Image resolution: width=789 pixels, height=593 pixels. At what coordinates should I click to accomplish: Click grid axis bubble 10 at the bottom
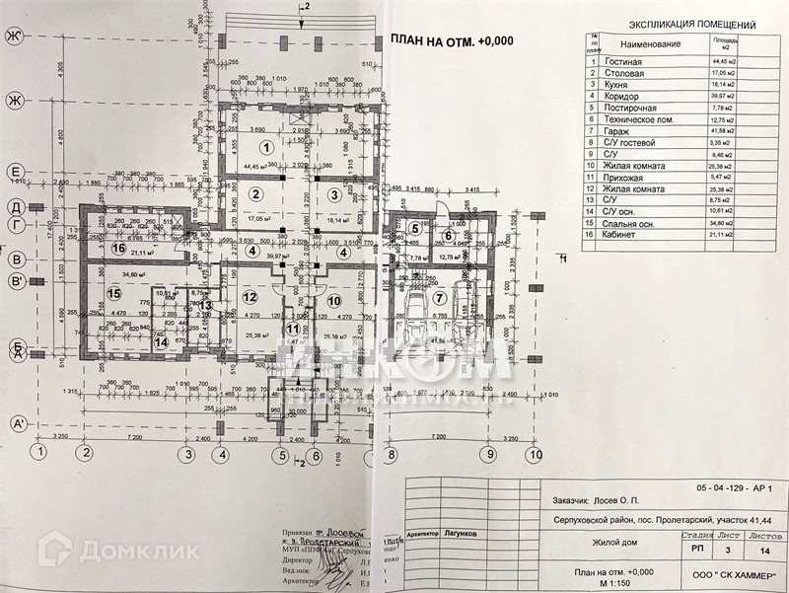[534, 455]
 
